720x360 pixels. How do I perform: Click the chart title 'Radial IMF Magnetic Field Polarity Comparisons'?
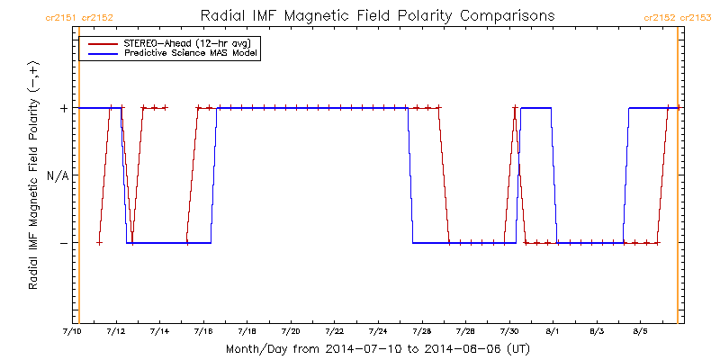[377, 16]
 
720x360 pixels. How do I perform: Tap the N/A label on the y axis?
[58, 175]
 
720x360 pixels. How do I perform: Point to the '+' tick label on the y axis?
[64, 108]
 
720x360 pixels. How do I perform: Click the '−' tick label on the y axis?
[64, 243]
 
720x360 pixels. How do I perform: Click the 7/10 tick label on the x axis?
[72, 331]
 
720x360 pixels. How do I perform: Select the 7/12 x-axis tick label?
[116, 331]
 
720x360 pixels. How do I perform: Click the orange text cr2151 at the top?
[61, 18]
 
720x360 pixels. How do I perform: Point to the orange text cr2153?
[695, 18]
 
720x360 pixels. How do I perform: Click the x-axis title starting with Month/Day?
[377, 349]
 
